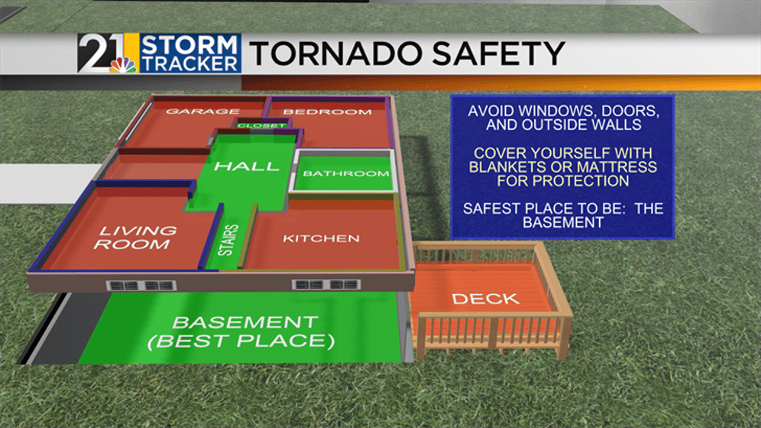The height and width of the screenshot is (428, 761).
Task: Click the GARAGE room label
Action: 202,111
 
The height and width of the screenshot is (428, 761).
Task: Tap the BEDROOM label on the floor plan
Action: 327,112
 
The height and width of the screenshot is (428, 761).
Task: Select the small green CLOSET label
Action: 261,125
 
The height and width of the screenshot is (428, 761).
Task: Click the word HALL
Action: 247,166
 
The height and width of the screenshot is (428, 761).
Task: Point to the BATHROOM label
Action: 346,173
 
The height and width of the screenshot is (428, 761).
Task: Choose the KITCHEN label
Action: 321,238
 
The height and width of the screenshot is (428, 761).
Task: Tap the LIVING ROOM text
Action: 134,237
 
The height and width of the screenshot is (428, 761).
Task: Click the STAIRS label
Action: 228,240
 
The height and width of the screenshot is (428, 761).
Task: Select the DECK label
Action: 486,299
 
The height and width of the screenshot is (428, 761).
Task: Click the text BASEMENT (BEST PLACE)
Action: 241,332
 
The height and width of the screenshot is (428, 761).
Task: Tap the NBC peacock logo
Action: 123,65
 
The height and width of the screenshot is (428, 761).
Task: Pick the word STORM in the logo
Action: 189,44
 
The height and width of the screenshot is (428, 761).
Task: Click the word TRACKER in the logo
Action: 189,63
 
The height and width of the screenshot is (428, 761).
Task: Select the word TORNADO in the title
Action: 337,53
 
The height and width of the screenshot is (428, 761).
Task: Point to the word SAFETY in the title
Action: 499,53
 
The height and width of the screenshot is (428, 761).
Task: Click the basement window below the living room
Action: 141,286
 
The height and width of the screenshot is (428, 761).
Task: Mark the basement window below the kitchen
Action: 326,284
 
